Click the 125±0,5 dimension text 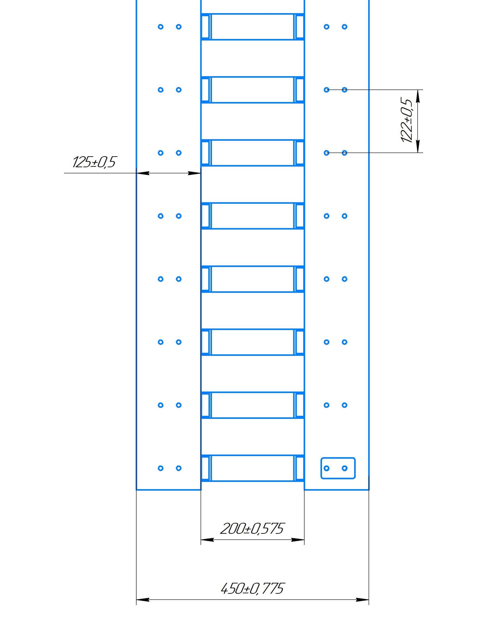(x=94, y=162)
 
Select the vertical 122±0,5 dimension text (x=407, y=121)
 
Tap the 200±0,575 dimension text (x=252, y=529)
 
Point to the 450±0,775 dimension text (x=252, y=589)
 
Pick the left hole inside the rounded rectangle (x=326, y=468)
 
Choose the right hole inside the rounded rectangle (x=344, y=468)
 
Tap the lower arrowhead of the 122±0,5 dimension (x=418, y=147)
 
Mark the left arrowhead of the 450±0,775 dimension (x=143, y=600)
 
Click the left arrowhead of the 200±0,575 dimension (x=207, y=540)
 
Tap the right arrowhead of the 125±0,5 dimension (x=194, y=173)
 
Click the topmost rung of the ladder (x=252, y=27)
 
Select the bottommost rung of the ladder (x=252, y=468)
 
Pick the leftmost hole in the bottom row (x=161, y=468)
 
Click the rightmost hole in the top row (x=344, y=27)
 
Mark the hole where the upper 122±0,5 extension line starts (x=326, y=90)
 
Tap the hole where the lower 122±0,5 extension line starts (x=326, y=153)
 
